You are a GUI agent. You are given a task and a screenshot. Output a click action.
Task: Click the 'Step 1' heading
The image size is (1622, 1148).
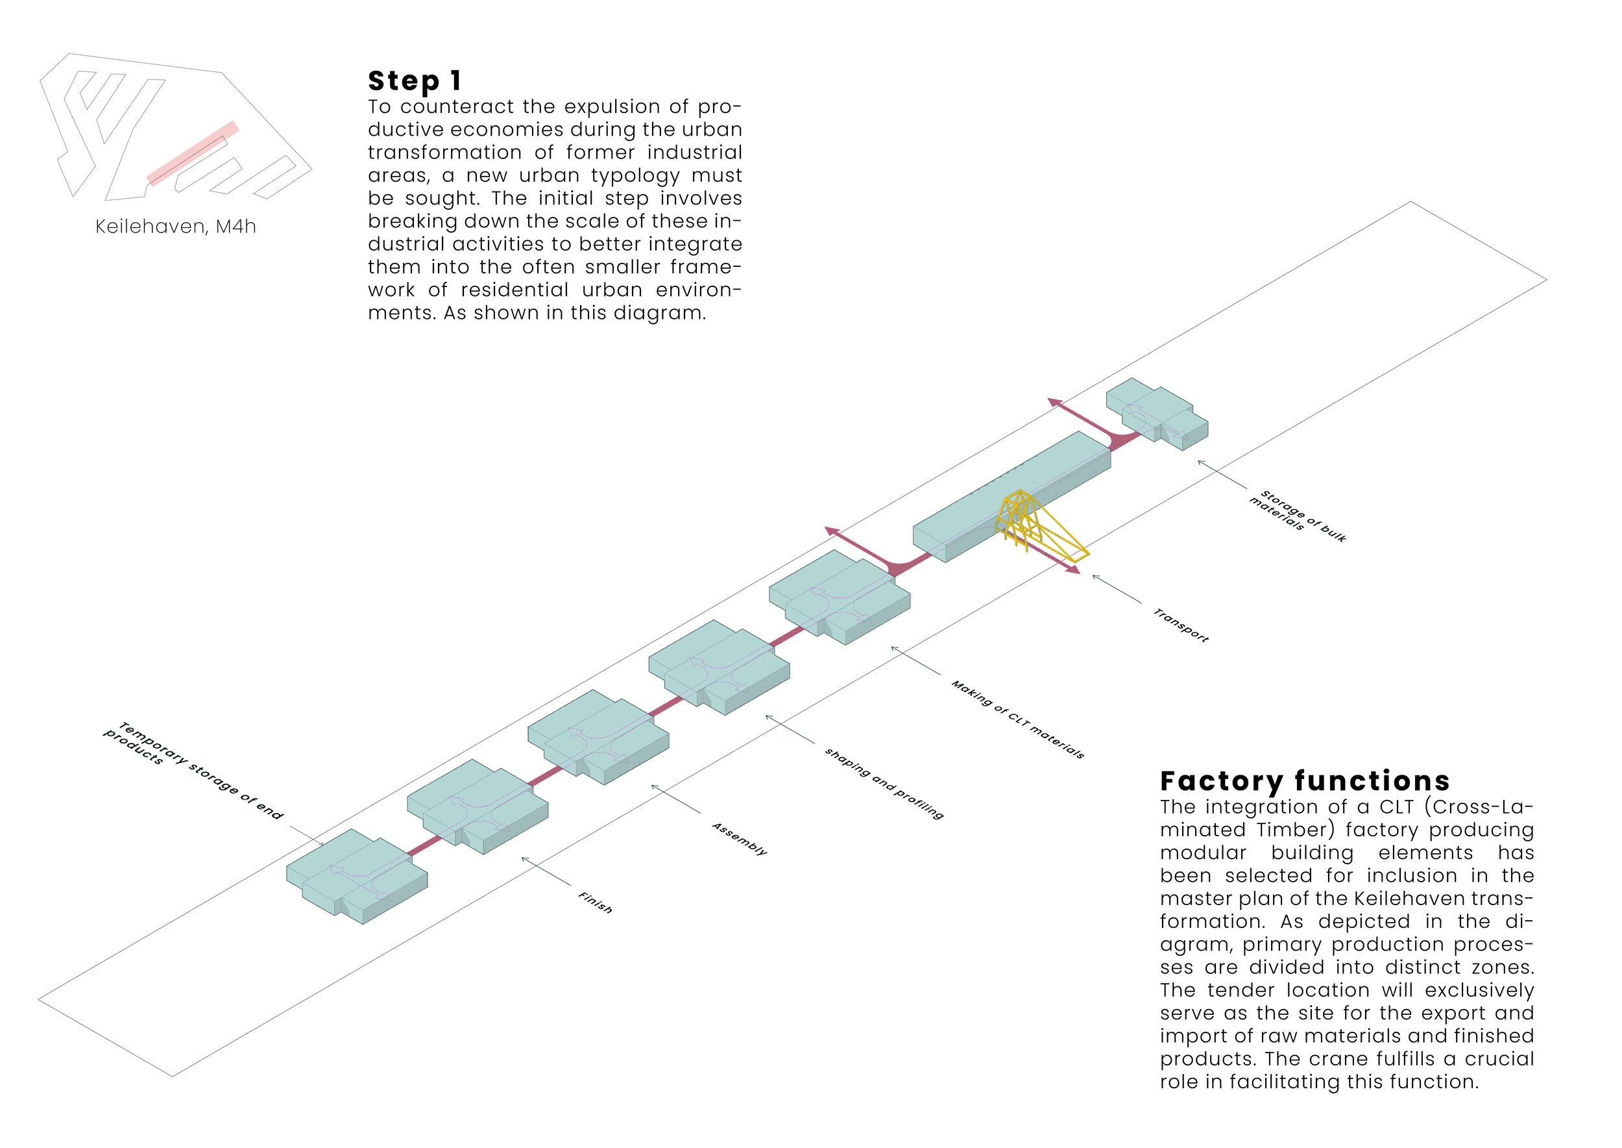click(415, 81)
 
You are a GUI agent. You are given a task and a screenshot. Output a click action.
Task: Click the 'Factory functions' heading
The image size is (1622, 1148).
click(1305, 781)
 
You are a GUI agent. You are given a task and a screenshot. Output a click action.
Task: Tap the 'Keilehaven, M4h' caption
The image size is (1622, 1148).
click(175, 226)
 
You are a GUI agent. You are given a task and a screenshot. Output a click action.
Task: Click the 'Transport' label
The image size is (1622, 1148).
click(1180, 625)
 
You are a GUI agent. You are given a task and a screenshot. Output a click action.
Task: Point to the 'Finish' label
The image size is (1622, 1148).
click(596, 902)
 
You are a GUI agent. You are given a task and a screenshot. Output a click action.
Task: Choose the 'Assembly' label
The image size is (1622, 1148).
click(739, 838)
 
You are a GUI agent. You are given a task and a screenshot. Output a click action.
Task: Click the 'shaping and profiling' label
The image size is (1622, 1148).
click(884, 783)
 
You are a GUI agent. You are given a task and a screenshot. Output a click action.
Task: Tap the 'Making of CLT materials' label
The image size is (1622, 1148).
click(1017, 719)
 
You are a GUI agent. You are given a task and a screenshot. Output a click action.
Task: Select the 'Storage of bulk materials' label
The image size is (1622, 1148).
click(1297, 516)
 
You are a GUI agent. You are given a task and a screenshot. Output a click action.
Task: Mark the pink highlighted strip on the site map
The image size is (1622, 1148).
click(192, 153)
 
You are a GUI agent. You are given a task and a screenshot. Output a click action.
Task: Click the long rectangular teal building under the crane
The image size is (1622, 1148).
click(1010, 499)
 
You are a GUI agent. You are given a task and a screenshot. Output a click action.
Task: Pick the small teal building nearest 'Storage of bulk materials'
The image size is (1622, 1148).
click(1156, 414)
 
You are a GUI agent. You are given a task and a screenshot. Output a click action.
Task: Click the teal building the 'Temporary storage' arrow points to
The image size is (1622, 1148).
click(357, 877)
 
